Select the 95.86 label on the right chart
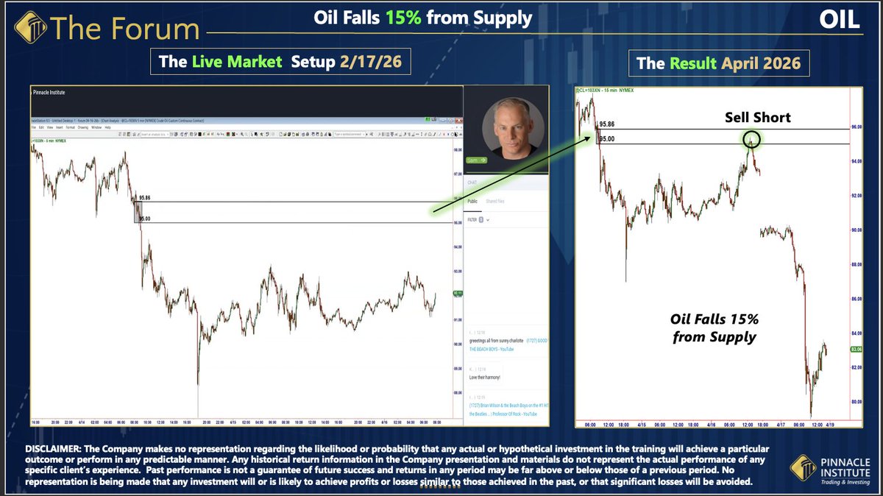click(607, 125)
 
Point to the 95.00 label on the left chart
click(144, 219)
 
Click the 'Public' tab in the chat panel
click(472, 200)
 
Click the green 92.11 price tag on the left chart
click(457, 293)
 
